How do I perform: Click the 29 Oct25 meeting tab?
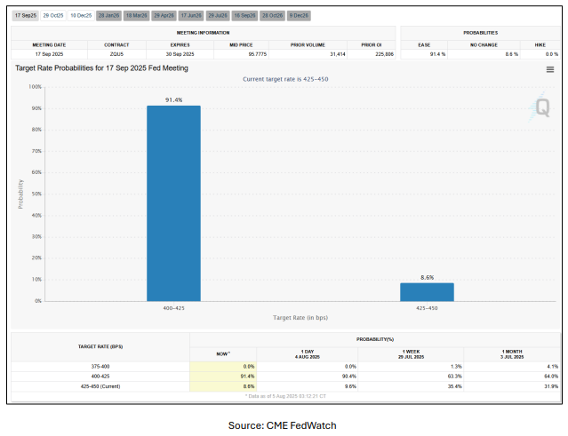(54, 15)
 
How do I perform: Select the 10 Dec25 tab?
(82, 15)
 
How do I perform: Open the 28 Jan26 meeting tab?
(109, 15)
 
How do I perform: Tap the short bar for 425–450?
(427, 291)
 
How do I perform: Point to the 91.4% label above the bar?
(173, 99)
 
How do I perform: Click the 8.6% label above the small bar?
(427, 277)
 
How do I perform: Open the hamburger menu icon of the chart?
(550, 69)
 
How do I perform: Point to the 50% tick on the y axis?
(36, 194)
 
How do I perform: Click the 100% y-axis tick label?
(35, 87)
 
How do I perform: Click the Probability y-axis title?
(20, 194)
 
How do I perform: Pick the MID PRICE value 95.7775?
(236, 54)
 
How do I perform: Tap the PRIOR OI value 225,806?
(372, 54)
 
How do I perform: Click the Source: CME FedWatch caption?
(283, 425)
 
